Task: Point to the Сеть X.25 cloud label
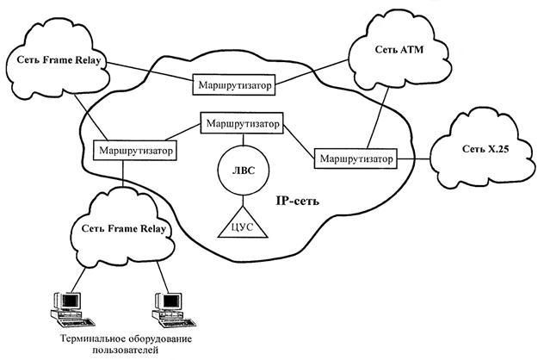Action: point(478,152)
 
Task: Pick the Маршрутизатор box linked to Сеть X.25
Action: point(355,159)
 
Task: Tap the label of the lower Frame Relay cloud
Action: point(123,227)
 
